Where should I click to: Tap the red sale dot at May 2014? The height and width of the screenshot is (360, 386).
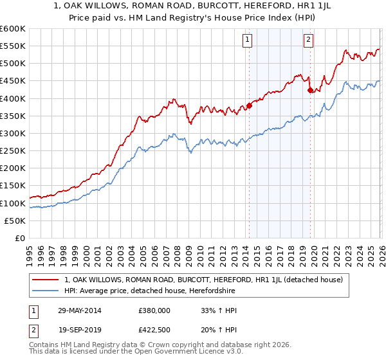[249, 106]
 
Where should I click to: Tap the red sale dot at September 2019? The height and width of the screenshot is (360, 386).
[310, 91]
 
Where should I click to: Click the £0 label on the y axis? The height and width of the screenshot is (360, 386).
[20, 238]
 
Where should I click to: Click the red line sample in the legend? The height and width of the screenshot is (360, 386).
[46, 280]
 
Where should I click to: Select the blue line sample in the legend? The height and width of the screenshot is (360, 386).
[46, 291]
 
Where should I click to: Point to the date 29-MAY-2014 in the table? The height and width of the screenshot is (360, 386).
[79, 310]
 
